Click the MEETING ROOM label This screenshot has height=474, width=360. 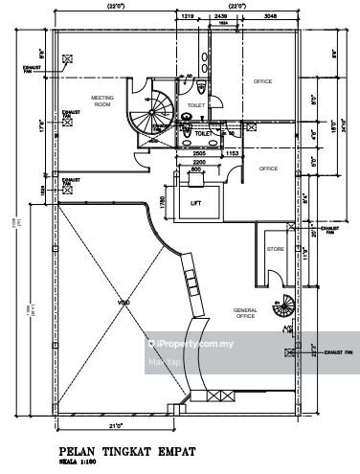(102, 101)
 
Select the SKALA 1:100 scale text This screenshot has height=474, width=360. (78, 461)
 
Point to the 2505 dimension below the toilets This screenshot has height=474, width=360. (199, 153)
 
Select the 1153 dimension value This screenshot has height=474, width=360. (231, 153)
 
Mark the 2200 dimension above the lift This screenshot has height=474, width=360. (199, 163)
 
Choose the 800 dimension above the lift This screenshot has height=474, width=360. (195, 170)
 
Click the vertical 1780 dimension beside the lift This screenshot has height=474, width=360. (163, 202)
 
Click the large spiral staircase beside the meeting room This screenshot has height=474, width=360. (150, 116)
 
